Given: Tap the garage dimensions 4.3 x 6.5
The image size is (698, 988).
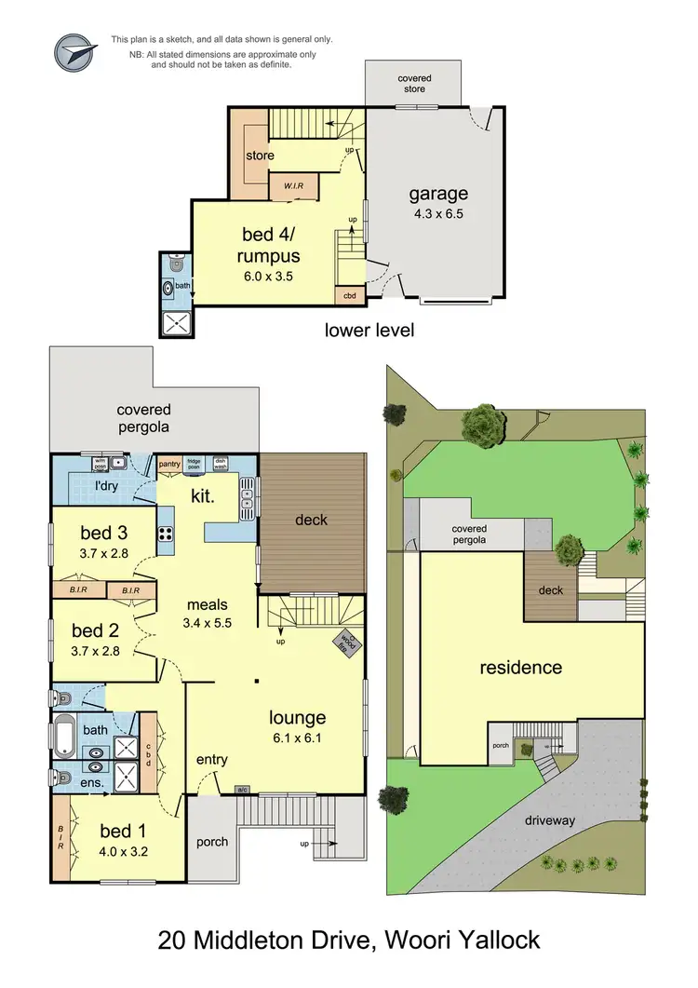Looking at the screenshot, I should (x=436, y=213).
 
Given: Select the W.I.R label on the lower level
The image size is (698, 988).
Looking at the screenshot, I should (x=294, y=185).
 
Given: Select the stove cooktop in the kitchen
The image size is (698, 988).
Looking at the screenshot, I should (x=165, y=534).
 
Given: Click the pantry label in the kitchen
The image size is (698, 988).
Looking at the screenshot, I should (x=168, y=463).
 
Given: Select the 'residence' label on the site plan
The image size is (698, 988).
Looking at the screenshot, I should (x=520, y=668).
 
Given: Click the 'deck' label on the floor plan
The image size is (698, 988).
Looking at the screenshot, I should (x=311, y=520).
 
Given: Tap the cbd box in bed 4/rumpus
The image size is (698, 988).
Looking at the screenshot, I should (x=349, y=296).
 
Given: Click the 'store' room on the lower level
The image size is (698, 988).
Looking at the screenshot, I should (x=260, y=156).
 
